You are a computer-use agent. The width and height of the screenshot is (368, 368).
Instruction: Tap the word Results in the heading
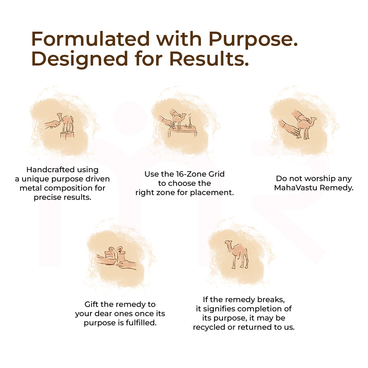point(208,59)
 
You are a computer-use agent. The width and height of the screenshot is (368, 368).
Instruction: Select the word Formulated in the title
point(91,39)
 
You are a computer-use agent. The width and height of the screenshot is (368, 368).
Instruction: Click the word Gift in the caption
point(92,305)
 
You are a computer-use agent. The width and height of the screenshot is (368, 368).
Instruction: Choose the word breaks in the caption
point(272,300)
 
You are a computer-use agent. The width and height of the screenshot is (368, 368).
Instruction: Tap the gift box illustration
point(115,255)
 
